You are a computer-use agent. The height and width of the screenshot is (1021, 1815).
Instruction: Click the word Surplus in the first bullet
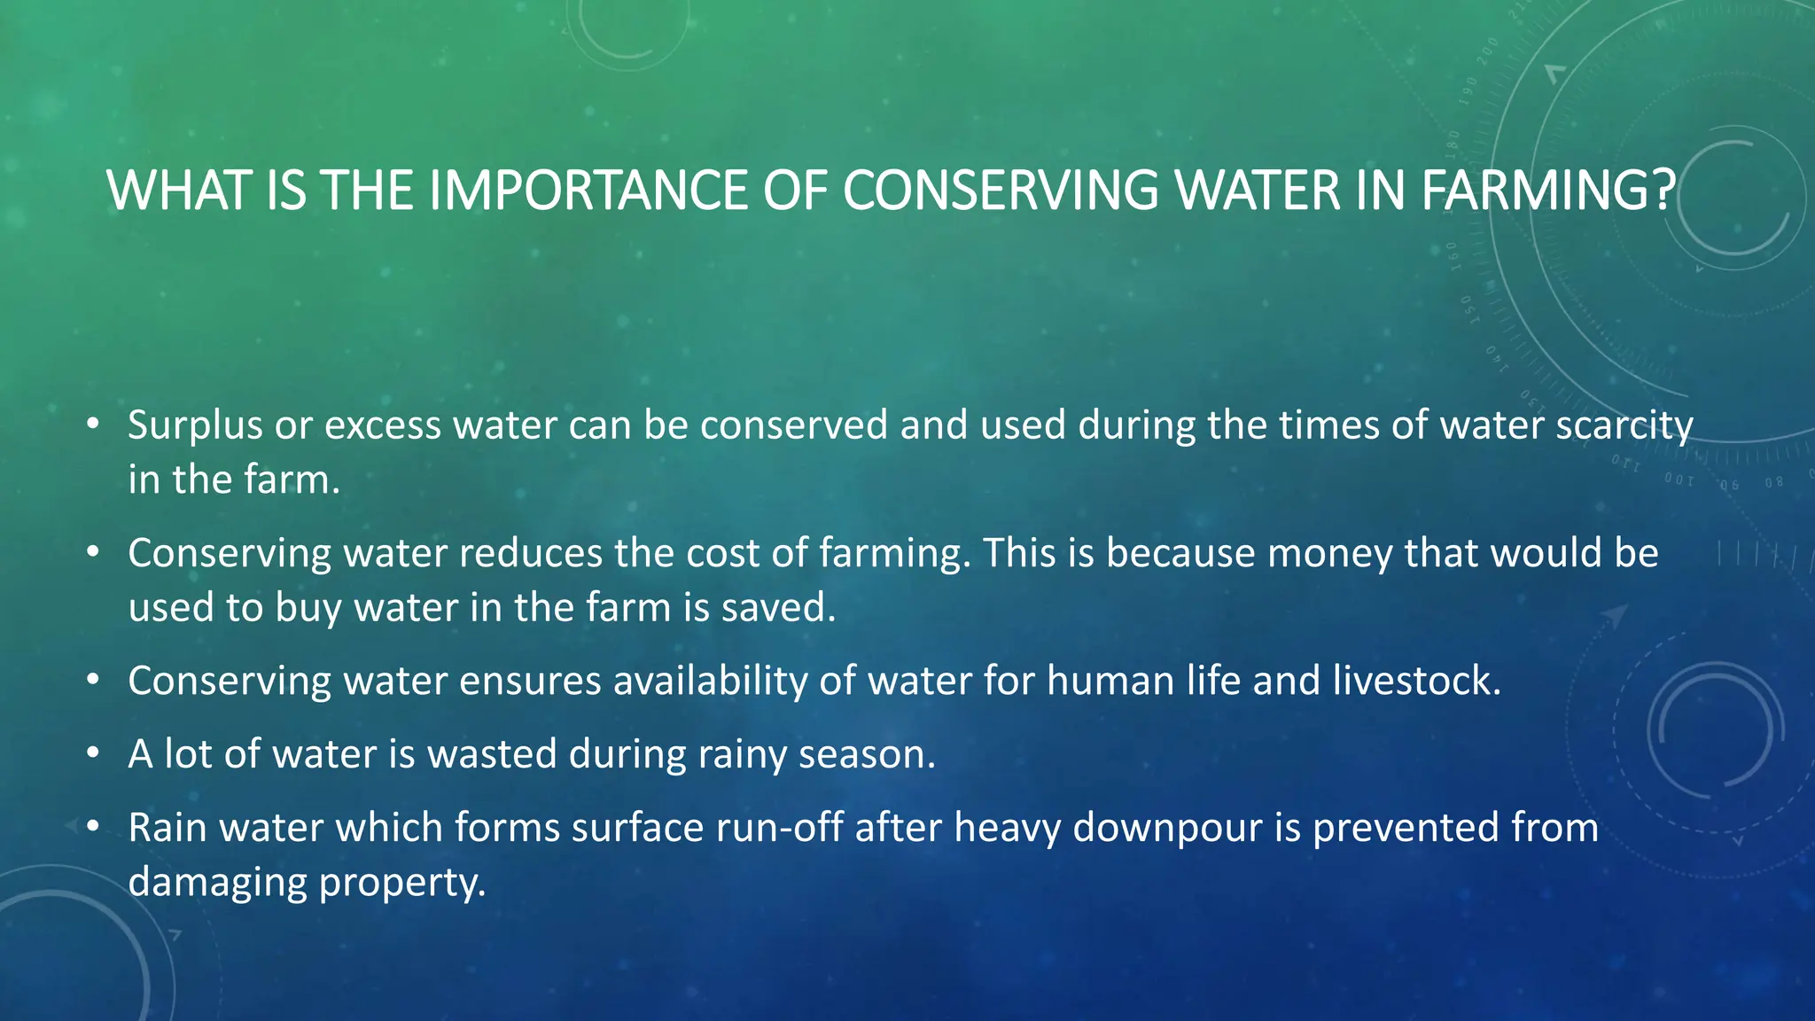pos(195,425)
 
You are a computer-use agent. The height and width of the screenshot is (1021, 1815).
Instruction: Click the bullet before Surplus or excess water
pos(92,425)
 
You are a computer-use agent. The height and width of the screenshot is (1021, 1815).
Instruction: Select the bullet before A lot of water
pos(92,754)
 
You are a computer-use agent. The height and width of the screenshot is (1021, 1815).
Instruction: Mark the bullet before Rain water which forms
pos(92,828)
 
